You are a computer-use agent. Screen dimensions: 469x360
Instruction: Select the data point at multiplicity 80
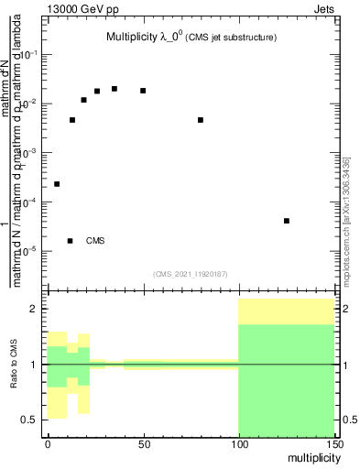coord(201,120)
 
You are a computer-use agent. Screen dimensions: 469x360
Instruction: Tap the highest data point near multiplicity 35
coord(114,89)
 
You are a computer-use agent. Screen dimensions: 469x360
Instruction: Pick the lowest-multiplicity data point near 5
coord(57,184)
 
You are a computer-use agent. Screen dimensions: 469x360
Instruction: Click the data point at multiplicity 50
coord(143,91)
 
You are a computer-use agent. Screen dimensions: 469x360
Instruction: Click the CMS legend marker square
coord(71,241)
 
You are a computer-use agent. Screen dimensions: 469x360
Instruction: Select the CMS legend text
coord(95,241)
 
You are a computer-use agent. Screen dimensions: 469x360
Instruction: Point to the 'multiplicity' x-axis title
coord(308,455)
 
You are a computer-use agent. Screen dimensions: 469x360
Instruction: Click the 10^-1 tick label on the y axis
coord(31,55)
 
